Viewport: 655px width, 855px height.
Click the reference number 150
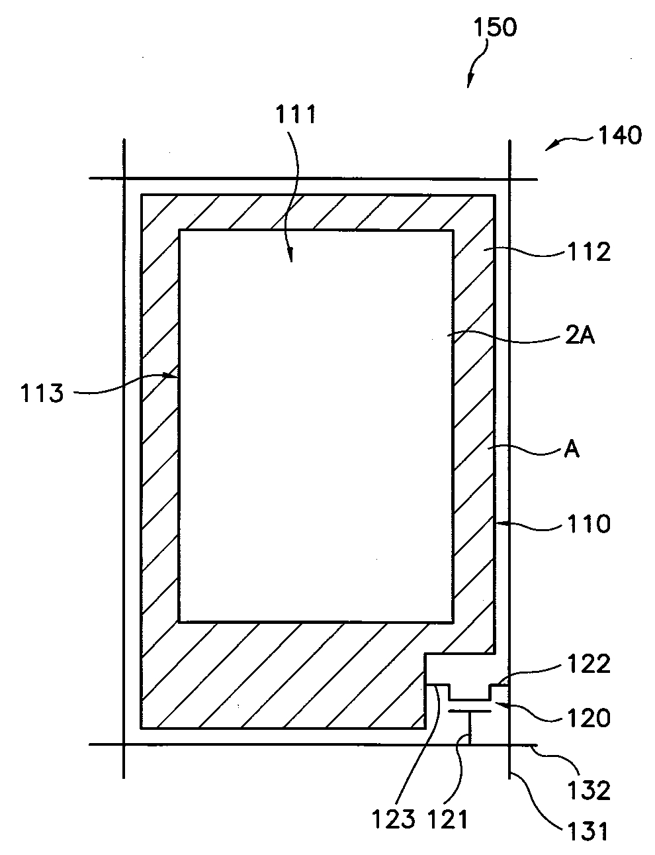click(494, 28)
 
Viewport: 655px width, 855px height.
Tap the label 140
click(619, 136)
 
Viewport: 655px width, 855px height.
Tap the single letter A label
click(572, 451)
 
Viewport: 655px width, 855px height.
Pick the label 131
click(586, 830)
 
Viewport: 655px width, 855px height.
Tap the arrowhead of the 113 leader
click(177, 376)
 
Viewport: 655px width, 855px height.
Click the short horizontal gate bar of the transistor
click(470, 711)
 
